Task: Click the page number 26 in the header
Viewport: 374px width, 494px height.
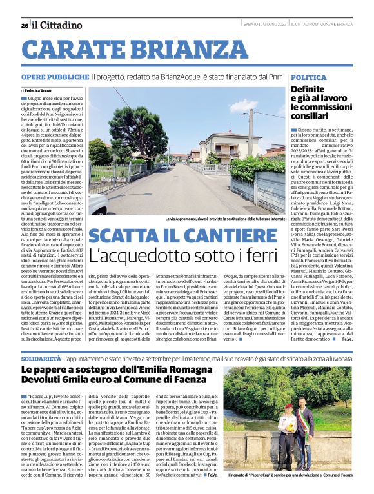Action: click(x=24, y=25)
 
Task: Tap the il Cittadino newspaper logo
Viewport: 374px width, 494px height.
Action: click(x=58, y=25)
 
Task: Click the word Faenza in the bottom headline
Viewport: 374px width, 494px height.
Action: click(x=193, y=380)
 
